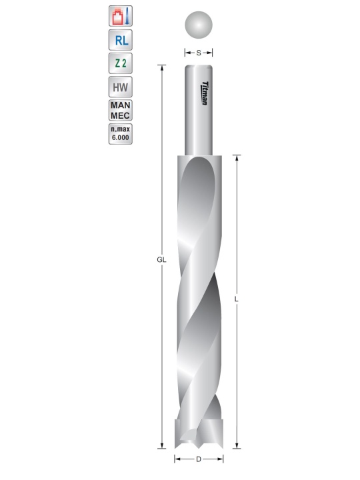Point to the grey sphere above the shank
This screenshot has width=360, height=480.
[x=199, y=25]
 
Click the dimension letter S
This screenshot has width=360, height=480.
[x=199, y=52]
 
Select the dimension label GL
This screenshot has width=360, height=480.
[x=161, y=259]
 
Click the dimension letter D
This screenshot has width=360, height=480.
[x=199, y=459]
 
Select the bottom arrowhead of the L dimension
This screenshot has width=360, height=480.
[x=237, y=445]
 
